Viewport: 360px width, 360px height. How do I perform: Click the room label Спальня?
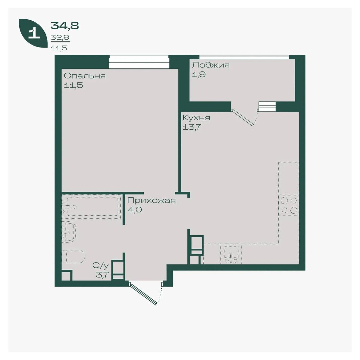coord(85,76)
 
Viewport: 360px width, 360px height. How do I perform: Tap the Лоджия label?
coord(211,65)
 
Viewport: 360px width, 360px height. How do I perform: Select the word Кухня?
coord(196,118)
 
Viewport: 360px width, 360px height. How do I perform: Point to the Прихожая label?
coord(151,201)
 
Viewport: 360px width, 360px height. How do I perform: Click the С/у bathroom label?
coord(100,265)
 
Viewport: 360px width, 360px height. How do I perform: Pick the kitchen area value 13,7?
coord(192,127)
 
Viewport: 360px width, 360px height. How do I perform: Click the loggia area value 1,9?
coord(199,74)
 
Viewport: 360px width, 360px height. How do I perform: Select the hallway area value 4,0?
coord(134,210)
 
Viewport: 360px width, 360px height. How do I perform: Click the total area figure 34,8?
coord(64,25)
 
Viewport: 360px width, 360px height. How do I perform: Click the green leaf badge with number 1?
coord(33,33)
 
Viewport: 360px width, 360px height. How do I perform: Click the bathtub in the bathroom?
coord(91,206)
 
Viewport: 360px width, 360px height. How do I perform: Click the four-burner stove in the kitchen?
coord(289,205)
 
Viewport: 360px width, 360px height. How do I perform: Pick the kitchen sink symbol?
coord(231,254)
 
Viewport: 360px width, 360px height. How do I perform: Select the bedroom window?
coord(139,62)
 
